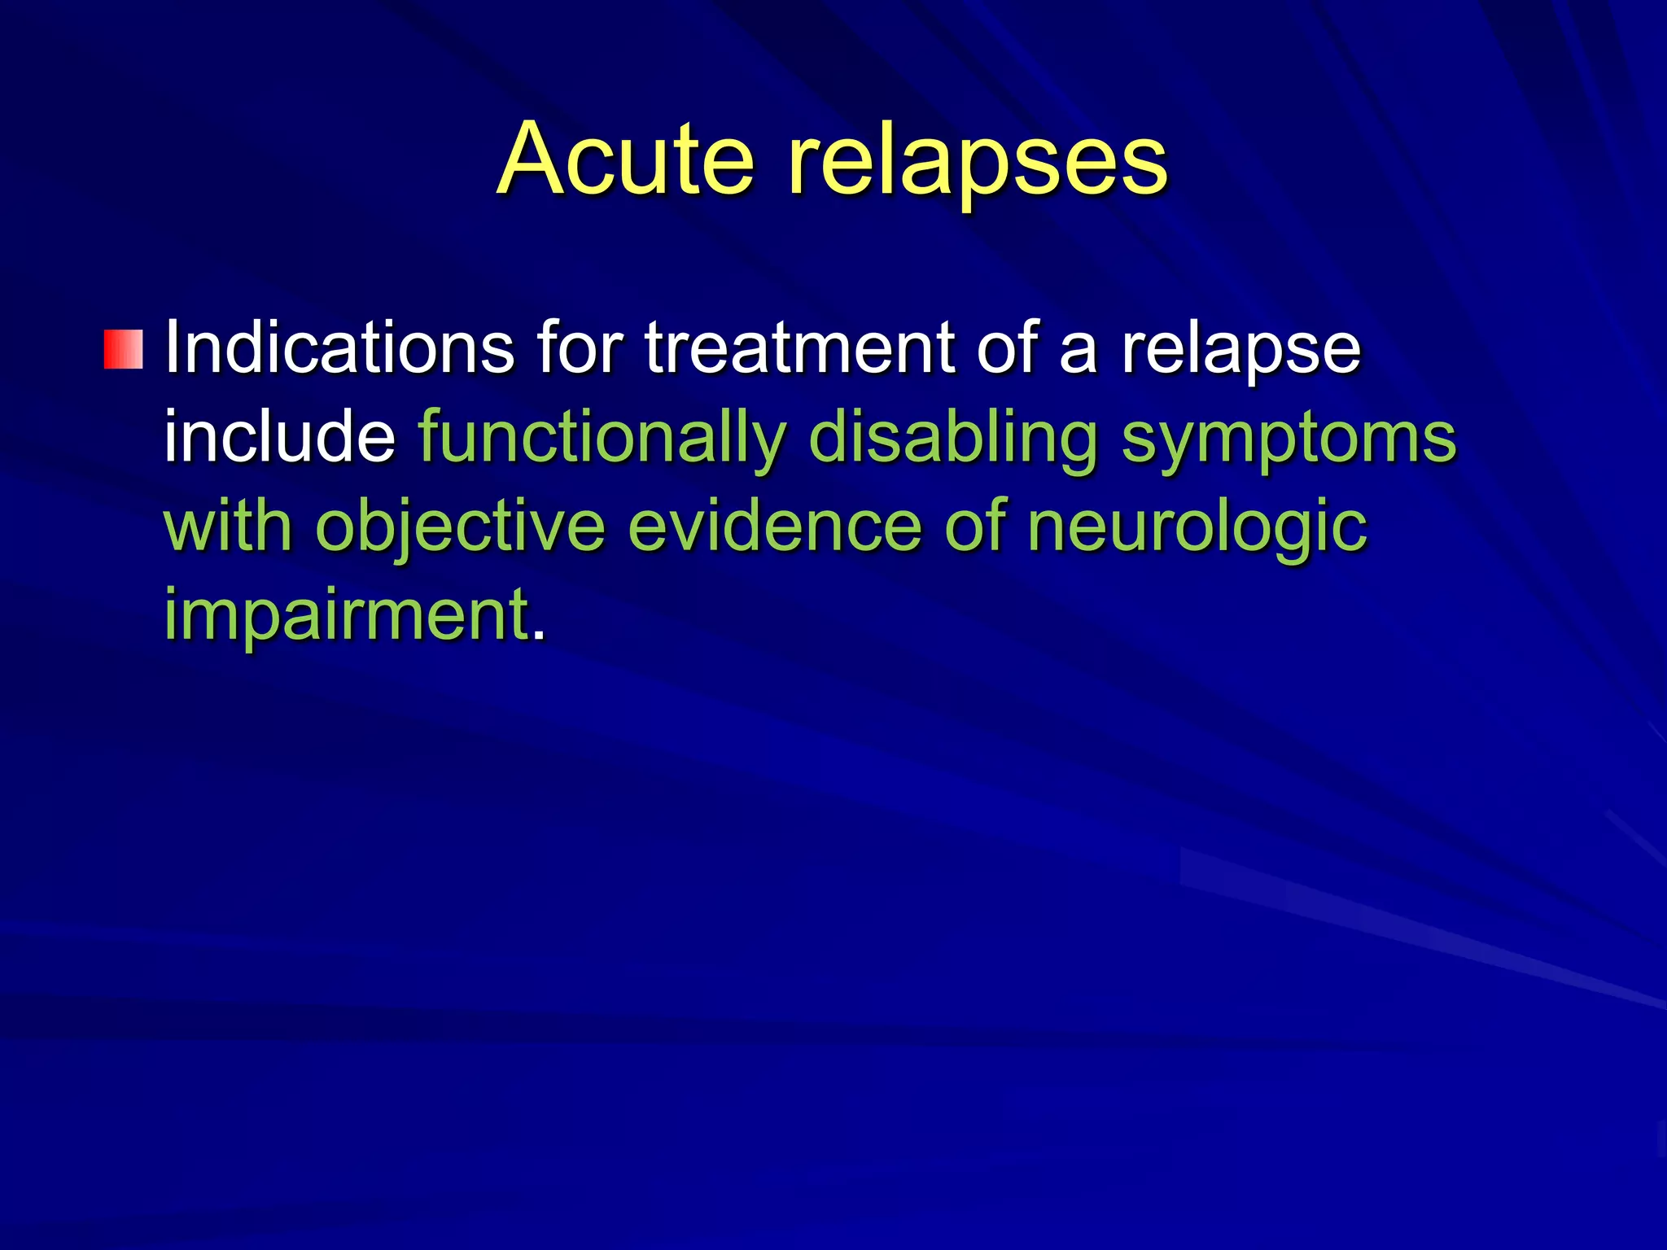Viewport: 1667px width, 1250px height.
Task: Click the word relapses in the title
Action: [977, 160]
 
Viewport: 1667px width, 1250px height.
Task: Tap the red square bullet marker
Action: [124, 349]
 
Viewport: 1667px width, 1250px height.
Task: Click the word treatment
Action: [799, 348]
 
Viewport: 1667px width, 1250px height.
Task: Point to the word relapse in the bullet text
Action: [1240, 348]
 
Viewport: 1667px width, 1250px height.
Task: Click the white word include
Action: [279, 437]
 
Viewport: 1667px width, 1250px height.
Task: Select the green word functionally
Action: [602, 437]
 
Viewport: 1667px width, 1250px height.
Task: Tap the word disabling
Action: [953, 437]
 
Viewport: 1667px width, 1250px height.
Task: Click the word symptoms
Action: [1289, 437]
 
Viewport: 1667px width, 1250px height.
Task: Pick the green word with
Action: [228, 527]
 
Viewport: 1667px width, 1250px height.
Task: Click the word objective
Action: [460, 527]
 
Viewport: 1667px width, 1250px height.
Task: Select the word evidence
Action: [774, 527]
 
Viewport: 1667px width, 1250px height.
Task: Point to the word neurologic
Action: [1197, 527]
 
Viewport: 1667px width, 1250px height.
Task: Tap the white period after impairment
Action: [538, 635]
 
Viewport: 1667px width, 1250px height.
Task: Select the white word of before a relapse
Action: [1007, 348]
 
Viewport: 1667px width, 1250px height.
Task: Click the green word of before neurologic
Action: [974, 527]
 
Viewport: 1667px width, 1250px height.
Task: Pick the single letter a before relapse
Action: [1079, 354]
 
